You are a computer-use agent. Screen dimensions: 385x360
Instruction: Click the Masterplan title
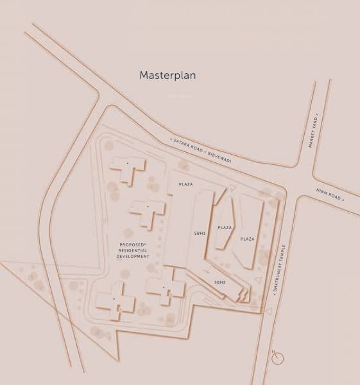point(167,76)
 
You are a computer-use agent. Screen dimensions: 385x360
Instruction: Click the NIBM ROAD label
point(329,195)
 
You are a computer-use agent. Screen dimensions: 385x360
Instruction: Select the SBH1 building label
point(200,234)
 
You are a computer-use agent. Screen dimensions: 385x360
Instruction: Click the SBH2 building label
point(220,282)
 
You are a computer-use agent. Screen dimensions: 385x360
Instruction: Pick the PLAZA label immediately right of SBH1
point(224,228)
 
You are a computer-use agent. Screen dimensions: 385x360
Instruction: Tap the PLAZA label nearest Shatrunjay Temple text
point(247,239)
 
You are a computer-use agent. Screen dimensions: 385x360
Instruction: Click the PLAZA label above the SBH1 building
point(185,185)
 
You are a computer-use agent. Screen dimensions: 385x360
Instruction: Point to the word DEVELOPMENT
point(133,257)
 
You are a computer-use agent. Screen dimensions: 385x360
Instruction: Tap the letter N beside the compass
point(273,352)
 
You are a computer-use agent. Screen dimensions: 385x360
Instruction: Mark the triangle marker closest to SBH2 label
point(258,280)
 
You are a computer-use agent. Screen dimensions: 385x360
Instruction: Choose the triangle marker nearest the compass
point(270,311)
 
